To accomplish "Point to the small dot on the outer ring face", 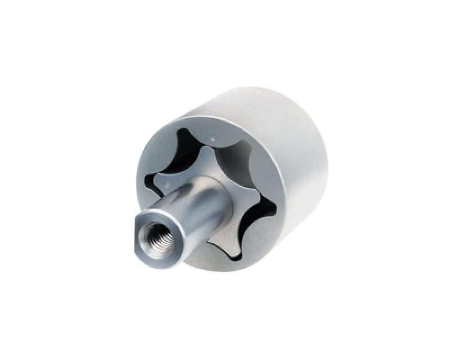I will [214, 137].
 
